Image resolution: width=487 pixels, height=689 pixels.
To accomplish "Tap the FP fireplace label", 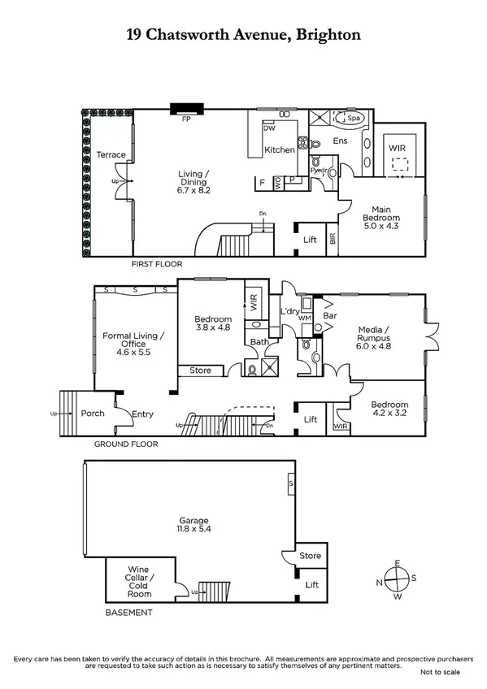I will coord(186,119).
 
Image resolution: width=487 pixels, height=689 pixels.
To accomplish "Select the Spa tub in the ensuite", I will coord(353,119).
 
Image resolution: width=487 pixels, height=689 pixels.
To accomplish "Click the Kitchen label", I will coord(279,149).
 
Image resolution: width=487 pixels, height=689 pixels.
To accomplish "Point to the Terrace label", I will coord(111,154).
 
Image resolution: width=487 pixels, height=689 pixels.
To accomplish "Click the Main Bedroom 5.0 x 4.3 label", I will coord(381,213).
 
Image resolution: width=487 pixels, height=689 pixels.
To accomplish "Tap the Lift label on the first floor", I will coord(310,240).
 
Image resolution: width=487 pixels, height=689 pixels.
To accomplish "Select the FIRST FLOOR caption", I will coord(157,264).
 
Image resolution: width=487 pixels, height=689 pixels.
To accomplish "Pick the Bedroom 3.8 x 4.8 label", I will coord(214,323).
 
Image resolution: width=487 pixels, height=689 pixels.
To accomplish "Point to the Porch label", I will coord(93,414).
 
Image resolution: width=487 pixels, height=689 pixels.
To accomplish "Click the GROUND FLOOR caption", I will coord(125,444).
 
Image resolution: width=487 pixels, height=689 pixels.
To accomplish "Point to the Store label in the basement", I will coord(310,557).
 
